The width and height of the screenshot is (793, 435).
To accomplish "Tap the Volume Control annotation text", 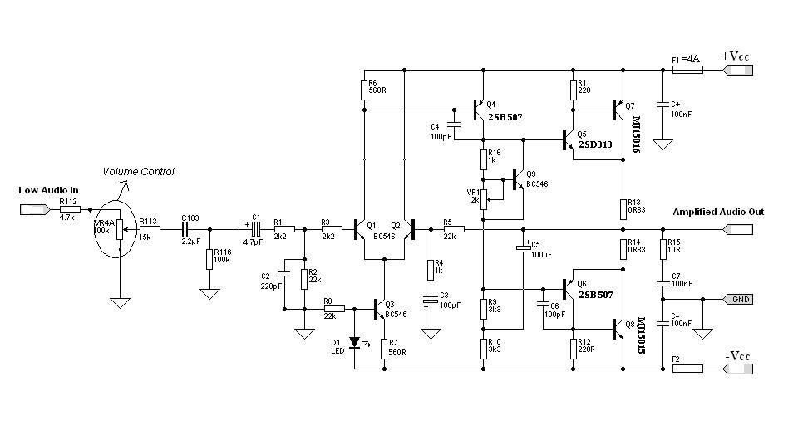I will click(138, 172).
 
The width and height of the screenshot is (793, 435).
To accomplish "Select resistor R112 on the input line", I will click(70, 210).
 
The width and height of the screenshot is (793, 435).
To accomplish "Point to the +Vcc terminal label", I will click(736, 56).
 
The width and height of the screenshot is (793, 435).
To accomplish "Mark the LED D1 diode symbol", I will click(356, 341).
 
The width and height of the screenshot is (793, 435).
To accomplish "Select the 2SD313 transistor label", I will click(590, 144).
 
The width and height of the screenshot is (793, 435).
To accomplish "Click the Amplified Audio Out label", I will click(718, 212).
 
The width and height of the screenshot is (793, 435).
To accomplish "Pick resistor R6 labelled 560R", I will click(363, 90).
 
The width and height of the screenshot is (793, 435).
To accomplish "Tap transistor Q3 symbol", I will click(381, 309).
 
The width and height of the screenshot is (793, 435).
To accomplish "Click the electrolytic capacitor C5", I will click(523, 248).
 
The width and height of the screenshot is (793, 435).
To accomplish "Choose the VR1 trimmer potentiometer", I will click(483, 197).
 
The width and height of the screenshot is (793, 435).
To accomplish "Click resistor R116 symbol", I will click(209, 258).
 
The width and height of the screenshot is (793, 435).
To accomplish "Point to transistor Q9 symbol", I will click(518, 178).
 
